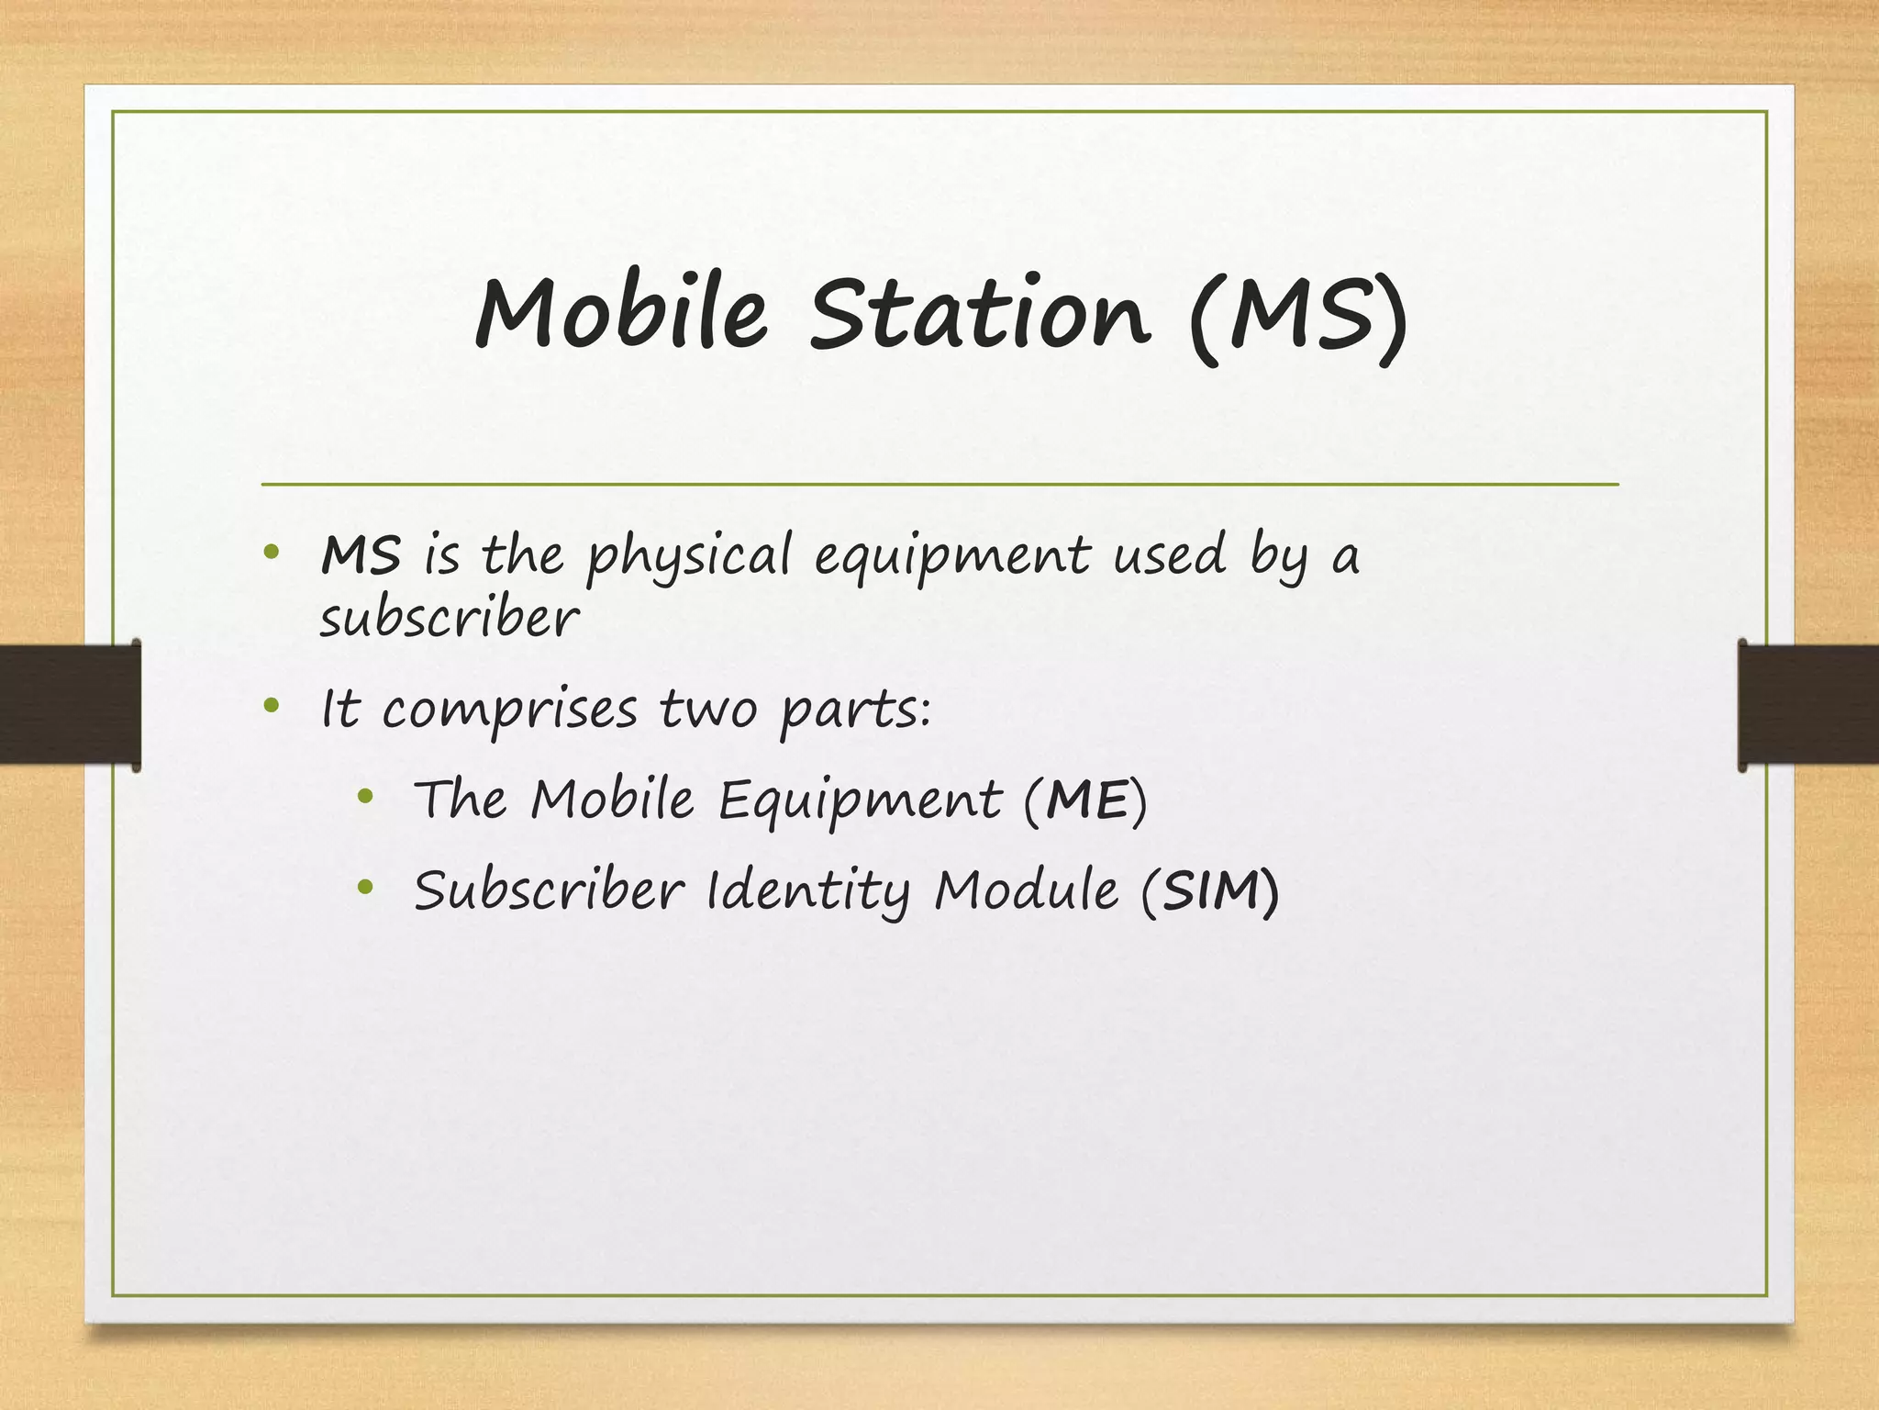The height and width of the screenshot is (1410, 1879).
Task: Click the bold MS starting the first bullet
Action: click(x=361, y=555)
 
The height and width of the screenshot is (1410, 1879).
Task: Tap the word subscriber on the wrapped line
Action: click(x=450, y=619)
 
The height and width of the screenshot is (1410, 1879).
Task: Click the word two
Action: click(x=707, y=709)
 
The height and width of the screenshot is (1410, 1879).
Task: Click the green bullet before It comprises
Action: click(x=270, y=706)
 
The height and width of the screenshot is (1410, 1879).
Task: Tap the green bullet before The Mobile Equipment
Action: click(x=365, y=797)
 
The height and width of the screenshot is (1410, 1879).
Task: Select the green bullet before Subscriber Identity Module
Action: click(x=365, y=887)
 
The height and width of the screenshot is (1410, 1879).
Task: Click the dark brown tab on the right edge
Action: click(x=1808, y=704)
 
